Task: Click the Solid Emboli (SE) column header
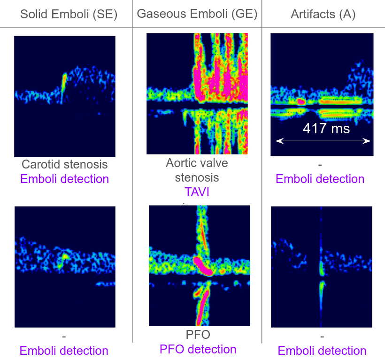(x=69, y=14)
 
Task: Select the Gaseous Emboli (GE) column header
(x=197, y=14)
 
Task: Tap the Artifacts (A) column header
(x=323, y=14)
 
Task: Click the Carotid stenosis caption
(x=64, y=164)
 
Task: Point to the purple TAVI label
(x=197, y=192)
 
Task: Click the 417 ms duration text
(x=326, y=128)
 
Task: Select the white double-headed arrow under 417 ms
(x=323, y=141)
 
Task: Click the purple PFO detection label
(x=198, y=349)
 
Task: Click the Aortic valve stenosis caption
(x=197, y=170)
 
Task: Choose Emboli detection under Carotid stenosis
(x=64, y=179)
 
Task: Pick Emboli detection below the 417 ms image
(x=320, y=179)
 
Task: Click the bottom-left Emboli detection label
(x=64, y=351)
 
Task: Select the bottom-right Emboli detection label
(x=322, y=351)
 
